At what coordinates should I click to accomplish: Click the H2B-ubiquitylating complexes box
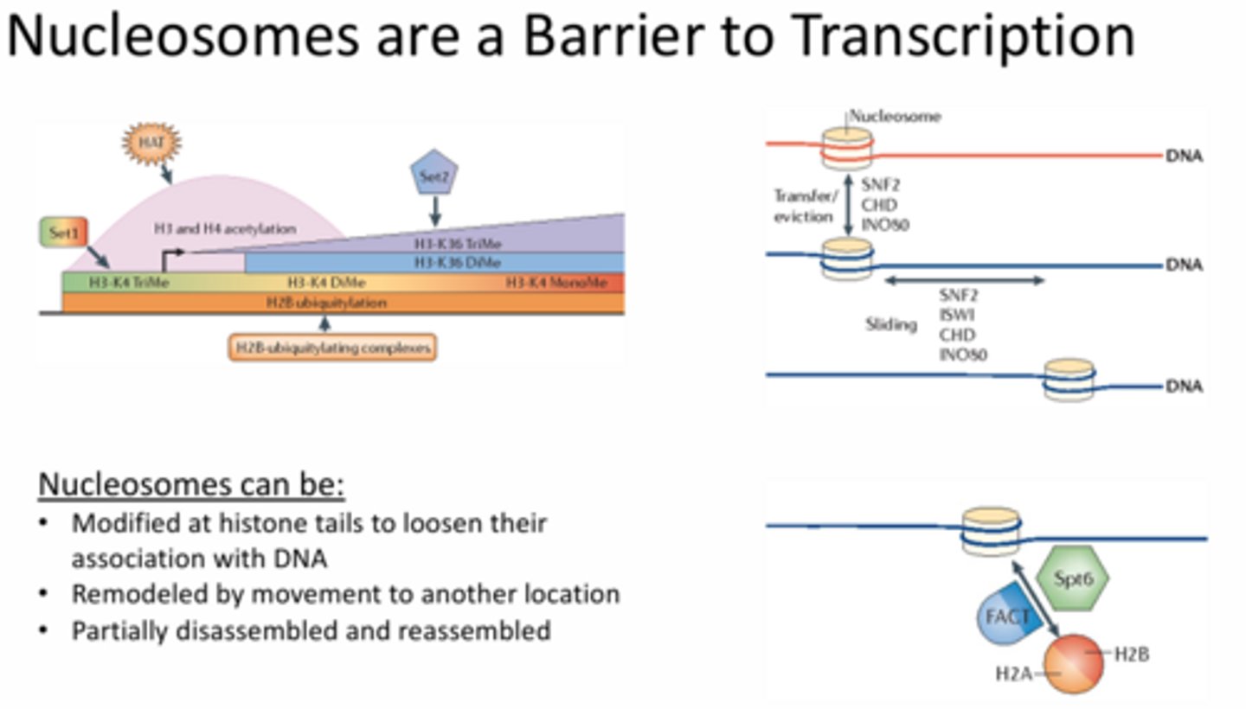tap(332, 348)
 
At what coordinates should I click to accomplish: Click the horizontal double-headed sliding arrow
tap(963, 280)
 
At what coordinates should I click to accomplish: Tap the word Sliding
tap(891, 325)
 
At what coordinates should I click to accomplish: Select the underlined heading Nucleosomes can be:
tap(191, 484)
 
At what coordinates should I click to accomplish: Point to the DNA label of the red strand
tap(1184, 156)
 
